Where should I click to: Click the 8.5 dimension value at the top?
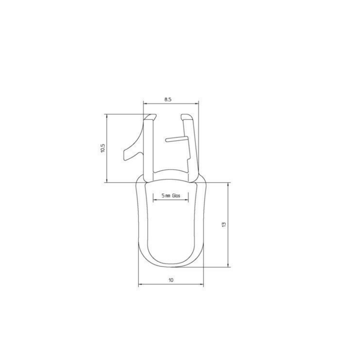[168, 98]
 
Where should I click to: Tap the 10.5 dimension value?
[103, 149]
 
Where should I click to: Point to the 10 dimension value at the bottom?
[171, 281]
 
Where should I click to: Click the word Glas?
[176, 196]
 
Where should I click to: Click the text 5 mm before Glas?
[165, 196]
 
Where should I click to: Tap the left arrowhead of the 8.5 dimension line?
[146, 102]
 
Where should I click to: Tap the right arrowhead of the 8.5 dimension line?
[198, 102]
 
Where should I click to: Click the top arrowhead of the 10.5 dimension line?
[107, 116]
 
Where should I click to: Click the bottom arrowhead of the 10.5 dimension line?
[107, 181]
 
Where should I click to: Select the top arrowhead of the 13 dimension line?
[228, 184]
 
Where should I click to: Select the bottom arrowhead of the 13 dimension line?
[228, 265]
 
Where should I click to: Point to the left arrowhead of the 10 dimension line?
[140, 285]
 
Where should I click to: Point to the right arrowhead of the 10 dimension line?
[202, 285]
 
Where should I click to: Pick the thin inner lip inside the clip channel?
[177, 139]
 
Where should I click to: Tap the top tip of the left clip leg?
[151, 115]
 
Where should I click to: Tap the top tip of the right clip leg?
[187, 115]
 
